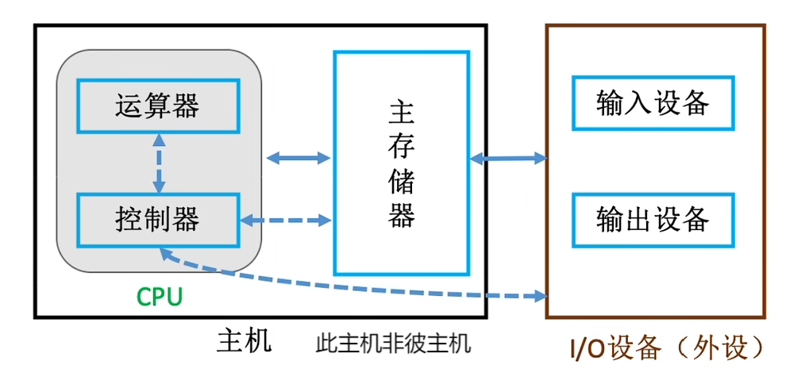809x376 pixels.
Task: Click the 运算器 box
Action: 157,106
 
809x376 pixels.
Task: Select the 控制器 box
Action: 157,219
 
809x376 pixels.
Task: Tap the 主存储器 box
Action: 402,164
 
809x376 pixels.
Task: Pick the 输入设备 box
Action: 653,103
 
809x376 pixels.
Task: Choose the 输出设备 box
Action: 653,219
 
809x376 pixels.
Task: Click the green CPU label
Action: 160,297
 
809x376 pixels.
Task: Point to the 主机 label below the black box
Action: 245,341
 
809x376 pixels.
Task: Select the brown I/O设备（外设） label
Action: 667,347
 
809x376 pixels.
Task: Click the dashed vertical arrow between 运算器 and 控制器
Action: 159,163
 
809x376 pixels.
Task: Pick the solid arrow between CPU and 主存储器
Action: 298,158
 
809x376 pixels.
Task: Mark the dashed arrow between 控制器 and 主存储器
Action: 286,219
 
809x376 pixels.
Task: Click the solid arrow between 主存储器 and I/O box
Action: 509,159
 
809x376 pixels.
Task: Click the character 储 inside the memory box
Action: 402,182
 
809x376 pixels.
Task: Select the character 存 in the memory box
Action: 402,148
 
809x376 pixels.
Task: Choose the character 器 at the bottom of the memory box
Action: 402,215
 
